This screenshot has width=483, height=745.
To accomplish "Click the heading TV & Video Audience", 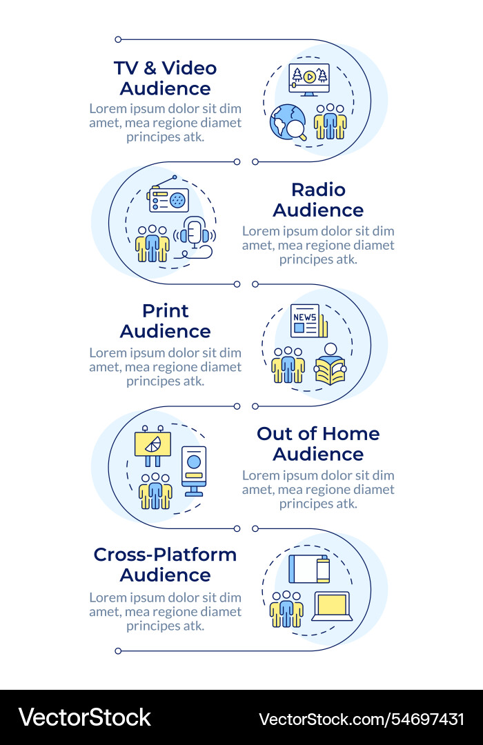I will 166,78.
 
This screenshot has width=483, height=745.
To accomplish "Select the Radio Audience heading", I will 318,200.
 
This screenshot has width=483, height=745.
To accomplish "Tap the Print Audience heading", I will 166,321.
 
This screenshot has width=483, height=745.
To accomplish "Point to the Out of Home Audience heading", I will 318,444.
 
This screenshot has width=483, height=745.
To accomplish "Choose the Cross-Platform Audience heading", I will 166,565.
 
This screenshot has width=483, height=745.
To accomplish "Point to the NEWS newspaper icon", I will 308,321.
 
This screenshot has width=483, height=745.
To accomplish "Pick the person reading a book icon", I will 331,364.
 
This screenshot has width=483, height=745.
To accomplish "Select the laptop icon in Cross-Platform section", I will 332,606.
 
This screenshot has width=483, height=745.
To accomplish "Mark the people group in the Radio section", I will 152,244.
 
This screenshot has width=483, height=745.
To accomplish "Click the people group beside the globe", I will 330,122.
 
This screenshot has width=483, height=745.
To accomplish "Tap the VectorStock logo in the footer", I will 84,718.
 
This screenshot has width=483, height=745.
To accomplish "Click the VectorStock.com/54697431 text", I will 361,719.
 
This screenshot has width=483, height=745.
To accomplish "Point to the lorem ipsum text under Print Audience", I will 166,366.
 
